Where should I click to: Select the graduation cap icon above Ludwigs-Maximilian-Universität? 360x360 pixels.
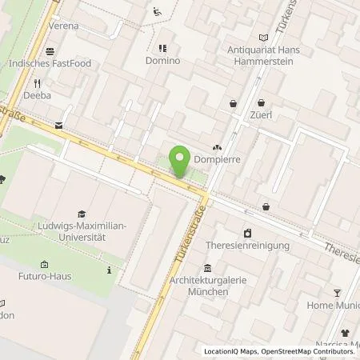pyautogui.click(x=81, y=214)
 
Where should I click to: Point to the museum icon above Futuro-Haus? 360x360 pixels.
pyautogui.click(x=44, y=265)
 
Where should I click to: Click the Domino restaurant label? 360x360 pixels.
pyautogui.click(x=162, y=61)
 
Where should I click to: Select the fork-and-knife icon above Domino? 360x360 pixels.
pyautogui.click(x=162, y=47)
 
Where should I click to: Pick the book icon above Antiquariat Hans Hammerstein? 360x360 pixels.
pyautogui.click(x=264, y=38)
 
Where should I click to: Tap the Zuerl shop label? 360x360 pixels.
pyautogui.click(x=262, y=115)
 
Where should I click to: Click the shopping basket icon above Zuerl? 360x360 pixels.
pyautogui.click(x=262, y=102)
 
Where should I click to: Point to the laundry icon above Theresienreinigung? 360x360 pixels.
pyautogui.click(x=247, y=233)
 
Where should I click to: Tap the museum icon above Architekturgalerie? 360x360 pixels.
pyautogui.click(x=207, y=268)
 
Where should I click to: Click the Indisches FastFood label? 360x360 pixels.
pyautogui.click(x=61, y=63)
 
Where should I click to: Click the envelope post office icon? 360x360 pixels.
pyautogui.click(x=58, y=125)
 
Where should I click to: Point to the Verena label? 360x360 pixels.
pyautogui.click(x=64, y=26)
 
